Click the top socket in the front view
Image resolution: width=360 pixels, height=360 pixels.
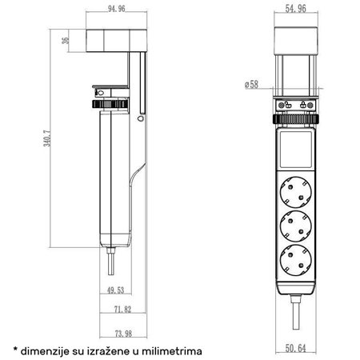[x=298, y=192]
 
